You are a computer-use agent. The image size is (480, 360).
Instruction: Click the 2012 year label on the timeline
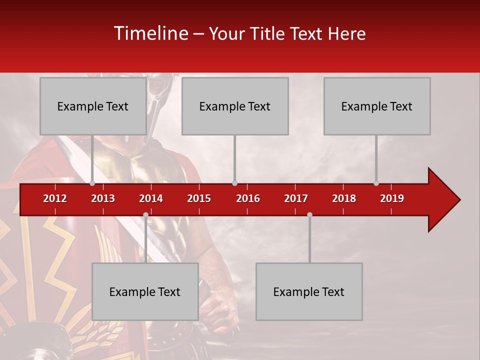pos(55,198)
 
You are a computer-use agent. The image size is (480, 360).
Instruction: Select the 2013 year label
pos(103,198)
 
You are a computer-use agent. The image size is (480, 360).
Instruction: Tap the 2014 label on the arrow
pos(151,198)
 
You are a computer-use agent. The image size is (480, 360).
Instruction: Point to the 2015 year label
pos(199,198)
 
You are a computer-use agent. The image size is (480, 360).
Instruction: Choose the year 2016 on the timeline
pos(248,198)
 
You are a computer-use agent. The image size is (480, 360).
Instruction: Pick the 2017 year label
pos(296,198)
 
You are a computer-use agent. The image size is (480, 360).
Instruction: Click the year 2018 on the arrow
pos(344,198)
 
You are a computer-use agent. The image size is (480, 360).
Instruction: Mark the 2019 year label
pos(392,198)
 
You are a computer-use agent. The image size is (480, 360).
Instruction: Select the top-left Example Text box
pos(93,106)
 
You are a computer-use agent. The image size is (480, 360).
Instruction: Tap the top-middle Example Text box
pos(235,106)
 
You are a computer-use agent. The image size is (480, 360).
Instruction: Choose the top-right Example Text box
pos(377,106)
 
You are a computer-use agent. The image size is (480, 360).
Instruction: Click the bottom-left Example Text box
pos(145,291)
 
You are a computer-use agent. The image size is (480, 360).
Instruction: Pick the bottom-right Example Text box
pos(309,291)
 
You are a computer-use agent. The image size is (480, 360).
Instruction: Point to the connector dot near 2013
pos(92,183)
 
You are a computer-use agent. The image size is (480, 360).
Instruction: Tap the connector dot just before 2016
pos(234,183)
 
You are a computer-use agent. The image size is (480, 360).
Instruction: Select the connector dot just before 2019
pos(376,183)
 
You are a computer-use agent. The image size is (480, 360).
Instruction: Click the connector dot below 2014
pos(145,214)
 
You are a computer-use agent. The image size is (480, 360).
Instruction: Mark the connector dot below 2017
pos(309,214)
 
